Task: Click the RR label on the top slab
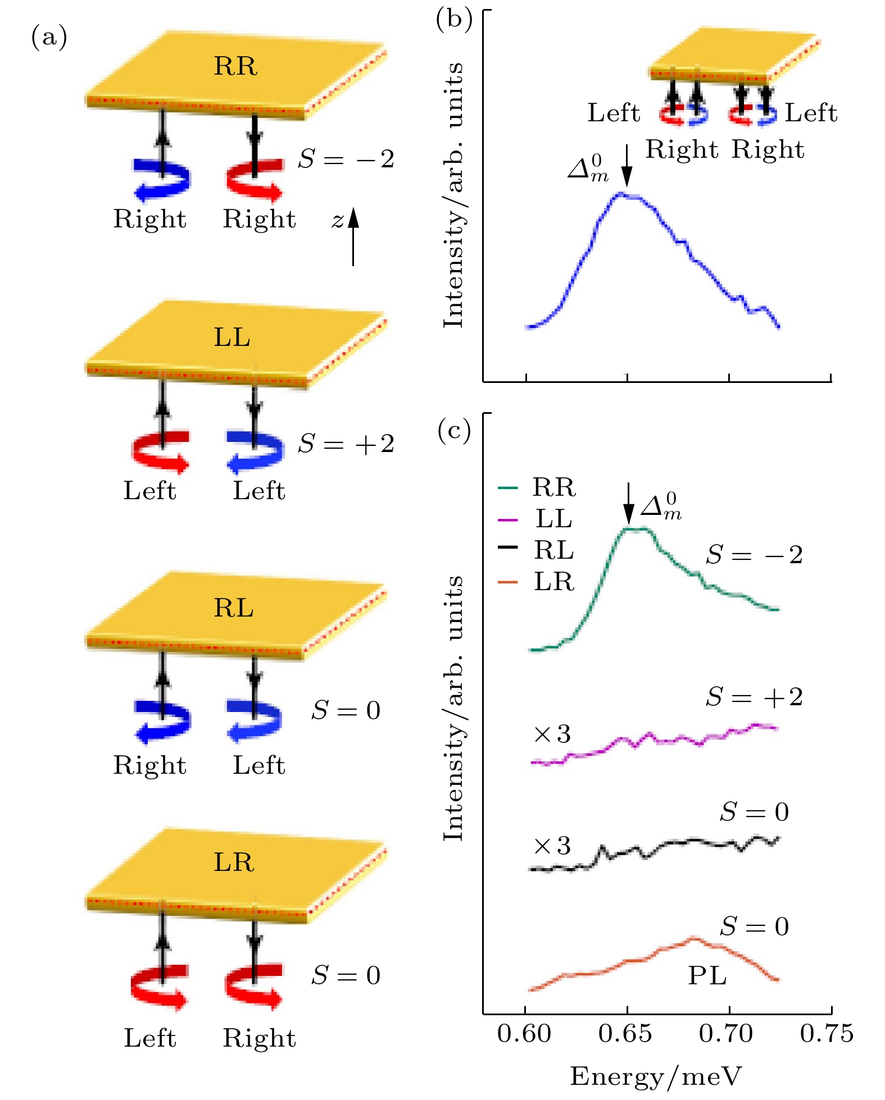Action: pyautogui.click(x=235, y=66)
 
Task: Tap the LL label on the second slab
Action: pyautogui.click(x=232, y=337)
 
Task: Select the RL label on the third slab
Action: pyautogui.click(x=234, y=608)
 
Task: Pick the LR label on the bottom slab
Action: pyautogui.click(x=234, y=862)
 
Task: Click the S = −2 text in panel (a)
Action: pyautogui.click(x=346, y=159)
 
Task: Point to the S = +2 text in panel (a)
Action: pyautogui.click(x=346, y=444)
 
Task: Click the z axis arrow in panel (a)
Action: pyautogui.click(x=353, y=236)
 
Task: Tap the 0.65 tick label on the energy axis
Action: pyautogui.click(x=625, y=1034)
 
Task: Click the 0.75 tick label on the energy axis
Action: pyautogui.click(x=827, y=1034)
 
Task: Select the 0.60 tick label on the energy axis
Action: pyautogui.click(x=524, y=1034)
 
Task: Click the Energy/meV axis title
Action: pyautogui.click(x=656, y=1076)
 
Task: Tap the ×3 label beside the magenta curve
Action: pyautogui.click(x=552, y=734)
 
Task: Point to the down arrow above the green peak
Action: pyautogui.click(x=629, y=504)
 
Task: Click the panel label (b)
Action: pyautogui.click(x=453, y=19)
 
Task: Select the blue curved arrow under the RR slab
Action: pyautogui.click(x=162, y=179)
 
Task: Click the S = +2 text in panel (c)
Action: pyautogui.click(x=754, y=697)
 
